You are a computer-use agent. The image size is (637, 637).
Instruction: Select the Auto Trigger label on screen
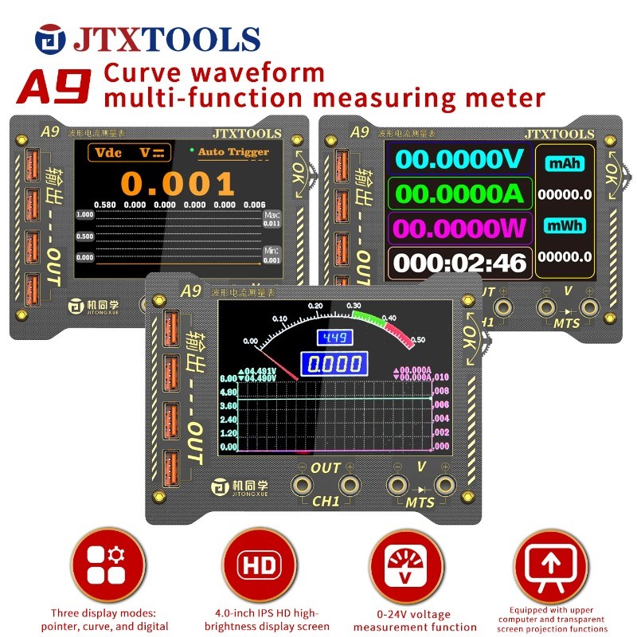point(233,152)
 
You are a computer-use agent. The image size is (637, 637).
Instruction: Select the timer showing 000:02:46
point(459,263)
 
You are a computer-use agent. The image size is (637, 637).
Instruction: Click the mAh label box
point(565,163)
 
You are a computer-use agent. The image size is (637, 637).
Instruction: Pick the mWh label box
point(565,226)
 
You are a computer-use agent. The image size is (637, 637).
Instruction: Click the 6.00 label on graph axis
point(229,379)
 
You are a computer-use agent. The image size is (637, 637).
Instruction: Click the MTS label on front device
point(420,503)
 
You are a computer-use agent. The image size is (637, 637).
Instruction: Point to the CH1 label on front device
point(325,502)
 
